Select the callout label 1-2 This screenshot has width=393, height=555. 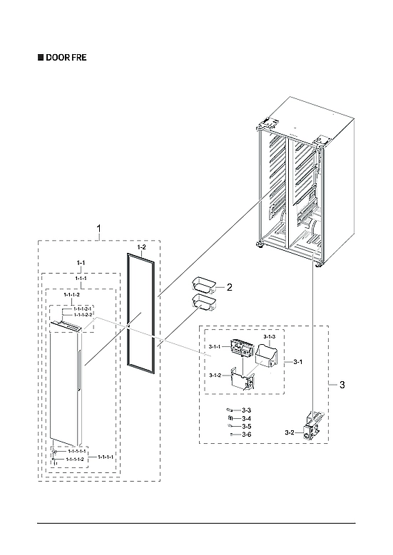tap(141, 246)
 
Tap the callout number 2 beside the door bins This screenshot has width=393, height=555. tap(230, 288)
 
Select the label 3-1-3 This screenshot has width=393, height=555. tap(270, 336)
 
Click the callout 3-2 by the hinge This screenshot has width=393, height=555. tap(289, 432)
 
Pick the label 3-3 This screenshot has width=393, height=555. tap(246, 410)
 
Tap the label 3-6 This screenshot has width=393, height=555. tap(246, 434)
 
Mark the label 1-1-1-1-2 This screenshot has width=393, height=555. tap(75, 460)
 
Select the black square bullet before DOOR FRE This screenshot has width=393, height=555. tap(40, 57)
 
